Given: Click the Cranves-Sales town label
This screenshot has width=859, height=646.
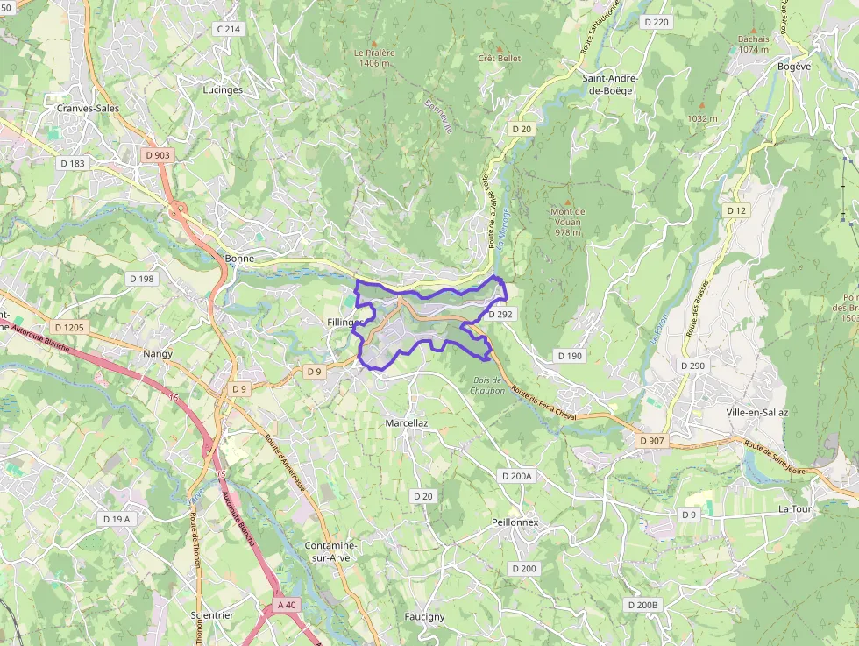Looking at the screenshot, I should tap(87, 108).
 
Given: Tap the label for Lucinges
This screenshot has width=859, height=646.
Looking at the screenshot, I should tap(223, 89).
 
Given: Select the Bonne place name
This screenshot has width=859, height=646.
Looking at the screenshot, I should tap(239, 259).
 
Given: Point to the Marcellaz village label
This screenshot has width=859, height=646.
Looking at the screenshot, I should tap(407, 422).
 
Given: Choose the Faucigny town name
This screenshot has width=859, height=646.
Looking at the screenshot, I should tap(424, 616).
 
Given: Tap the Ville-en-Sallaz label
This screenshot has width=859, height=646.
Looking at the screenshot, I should tap(757, 412).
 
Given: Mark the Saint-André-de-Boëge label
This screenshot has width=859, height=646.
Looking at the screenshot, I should tap(610, 83).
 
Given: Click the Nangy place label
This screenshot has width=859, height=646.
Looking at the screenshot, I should tap(158, 353).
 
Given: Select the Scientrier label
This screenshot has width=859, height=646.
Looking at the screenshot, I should tap(212, 615).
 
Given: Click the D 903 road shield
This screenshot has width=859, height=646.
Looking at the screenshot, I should tap(158, 155).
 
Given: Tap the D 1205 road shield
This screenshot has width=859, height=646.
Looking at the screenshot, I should tap(69, 327).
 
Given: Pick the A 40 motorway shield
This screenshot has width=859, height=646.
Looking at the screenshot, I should tap(287, 605).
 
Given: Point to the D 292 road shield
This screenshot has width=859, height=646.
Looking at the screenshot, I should tap(500, 313).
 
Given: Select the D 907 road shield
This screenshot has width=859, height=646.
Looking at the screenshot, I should tap(651, 440).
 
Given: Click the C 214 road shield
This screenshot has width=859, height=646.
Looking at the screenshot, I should tap(228, 29).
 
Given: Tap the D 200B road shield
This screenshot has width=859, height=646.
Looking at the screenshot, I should tap(642, 605).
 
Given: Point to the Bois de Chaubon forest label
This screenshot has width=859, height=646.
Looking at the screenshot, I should tap(487, 385).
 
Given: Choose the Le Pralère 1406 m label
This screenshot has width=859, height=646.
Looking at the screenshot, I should tap(374, 58).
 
